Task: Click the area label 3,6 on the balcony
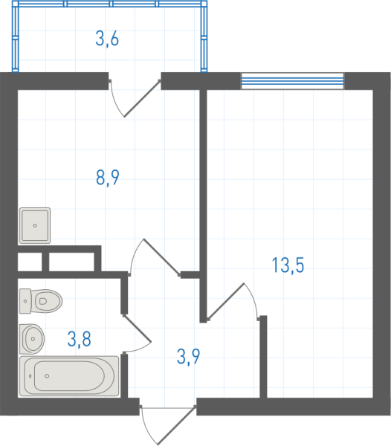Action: tap(107, 39)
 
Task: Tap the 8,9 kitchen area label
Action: tap(108, 178)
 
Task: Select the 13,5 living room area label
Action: tap(288, 265)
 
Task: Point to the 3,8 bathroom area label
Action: tap(79, 339)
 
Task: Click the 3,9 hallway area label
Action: tap(188, 356)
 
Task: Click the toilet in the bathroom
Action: tap(41, 301)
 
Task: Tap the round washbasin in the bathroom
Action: tap(32, 339)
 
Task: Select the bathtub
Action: tap(69, 376)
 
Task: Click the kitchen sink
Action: tap(35, 225)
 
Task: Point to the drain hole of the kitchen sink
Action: tap(35, 225)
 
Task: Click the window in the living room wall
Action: tap(293, 81)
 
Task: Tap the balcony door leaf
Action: tap(142, 98)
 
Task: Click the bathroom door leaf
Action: tap(137, 328)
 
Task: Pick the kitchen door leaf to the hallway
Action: tap(162, 257)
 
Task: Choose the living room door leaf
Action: tap(226, 301)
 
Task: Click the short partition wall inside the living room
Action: tap(264, 356)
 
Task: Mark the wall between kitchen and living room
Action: tap(203, 206)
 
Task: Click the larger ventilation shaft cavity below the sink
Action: tap(71, 262)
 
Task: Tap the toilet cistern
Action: tap(25, 301)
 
